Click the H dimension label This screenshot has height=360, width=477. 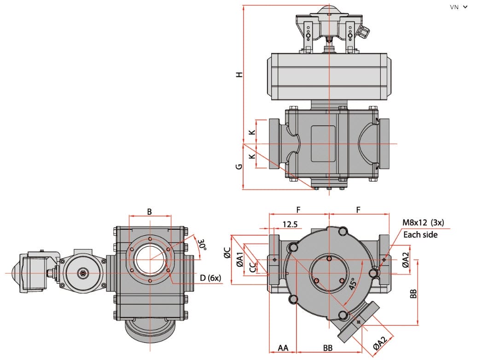click(x=240, y=75)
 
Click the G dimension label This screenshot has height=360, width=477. click(x=239, y=167)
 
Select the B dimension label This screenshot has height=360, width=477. click(x=149, y=212)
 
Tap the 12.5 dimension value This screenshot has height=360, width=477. click(x=290, y=224)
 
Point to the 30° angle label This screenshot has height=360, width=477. click(x=202, y=245)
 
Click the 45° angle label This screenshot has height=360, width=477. click(x=353, y=284)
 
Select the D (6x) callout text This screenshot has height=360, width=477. click(x=210, y=278)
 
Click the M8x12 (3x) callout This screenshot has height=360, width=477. click(x=423, y=222)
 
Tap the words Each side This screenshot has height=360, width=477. click(x=420, y=235)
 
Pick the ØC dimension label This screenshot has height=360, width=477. click(x=227, y=253)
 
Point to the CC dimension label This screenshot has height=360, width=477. click(x=253, y=267)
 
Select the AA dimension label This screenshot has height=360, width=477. click(x=283, y=348)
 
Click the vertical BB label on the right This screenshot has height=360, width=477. click(x=413, y=294)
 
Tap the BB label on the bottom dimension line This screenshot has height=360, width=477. click(x=328, y=348)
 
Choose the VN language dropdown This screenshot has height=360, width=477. click(x=459, y=7)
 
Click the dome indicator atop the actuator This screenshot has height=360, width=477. click(x=329, y=10)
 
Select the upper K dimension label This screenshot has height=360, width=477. click(x=252, y=132)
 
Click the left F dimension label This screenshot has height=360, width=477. click(x=298, y=209)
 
